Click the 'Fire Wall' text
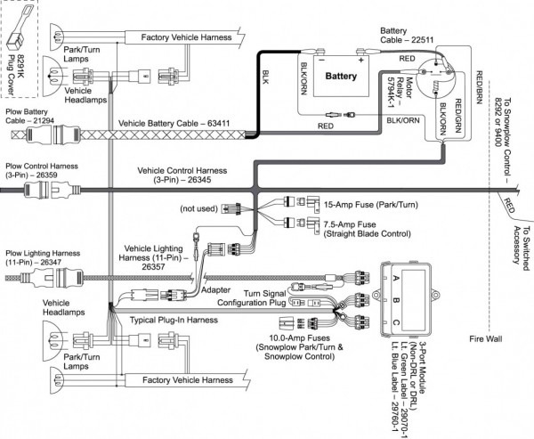tap(489, 339)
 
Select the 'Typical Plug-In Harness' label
tap(174, 318)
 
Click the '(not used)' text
tap(198, 208)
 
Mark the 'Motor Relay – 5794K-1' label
tap(385, 87)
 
